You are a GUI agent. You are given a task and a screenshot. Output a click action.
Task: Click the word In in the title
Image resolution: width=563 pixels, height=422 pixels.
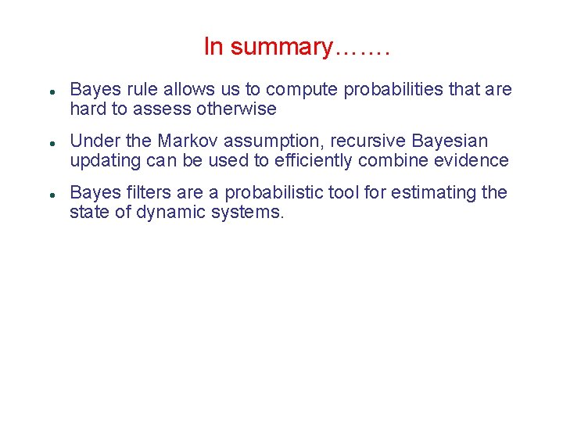[x=213, y=47]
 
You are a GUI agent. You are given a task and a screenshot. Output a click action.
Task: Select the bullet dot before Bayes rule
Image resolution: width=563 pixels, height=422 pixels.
[x=50, y=91]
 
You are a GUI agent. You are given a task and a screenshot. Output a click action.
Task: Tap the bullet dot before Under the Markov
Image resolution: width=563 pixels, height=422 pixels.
[x=50, y=142]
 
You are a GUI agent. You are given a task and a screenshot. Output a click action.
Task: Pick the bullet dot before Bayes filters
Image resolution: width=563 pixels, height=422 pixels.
[x=50, y=193]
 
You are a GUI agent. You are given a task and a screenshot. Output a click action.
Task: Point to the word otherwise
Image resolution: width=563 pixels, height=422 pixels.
[x=238, y=109]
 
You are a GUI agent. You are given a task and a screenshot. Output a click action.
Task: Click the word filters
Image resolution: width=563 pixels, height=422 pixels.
[x=141, y=192]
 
